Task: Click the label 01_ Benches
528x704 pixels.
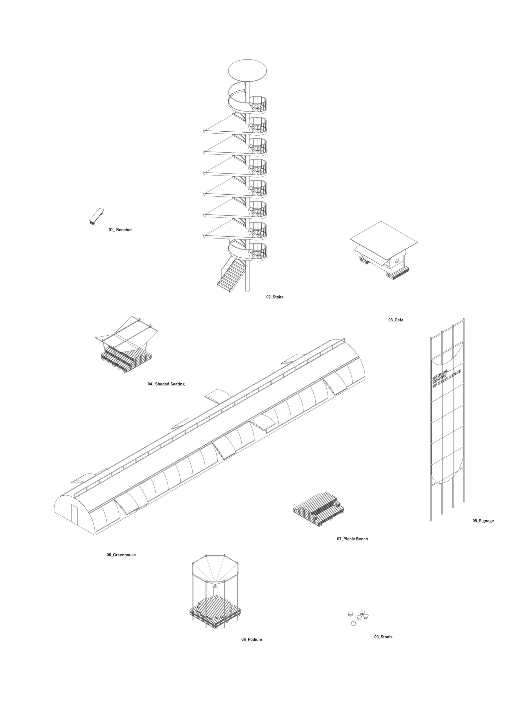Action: [120, 230]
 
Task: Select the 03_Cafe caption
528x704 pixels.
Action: [396, 320]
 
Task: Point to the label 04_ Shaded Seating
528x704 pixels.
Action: [166, 384]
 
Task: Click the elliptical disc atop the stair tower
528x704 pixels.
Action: [247, 70]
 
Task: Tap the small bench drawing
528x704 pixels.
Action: [96, 216]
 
